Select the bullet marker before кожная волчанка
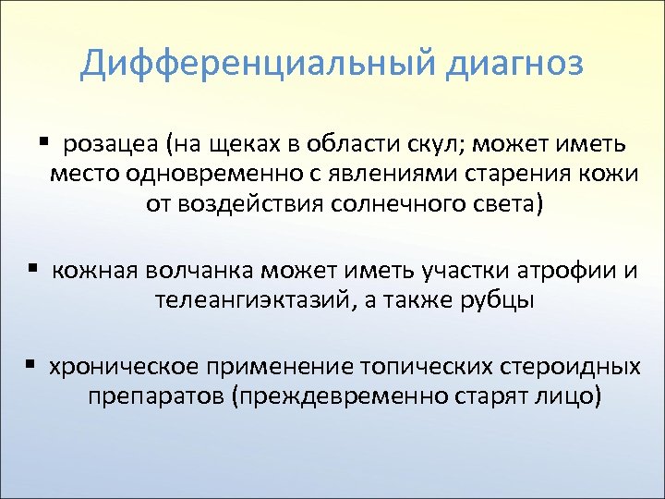tap(32, 269)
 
